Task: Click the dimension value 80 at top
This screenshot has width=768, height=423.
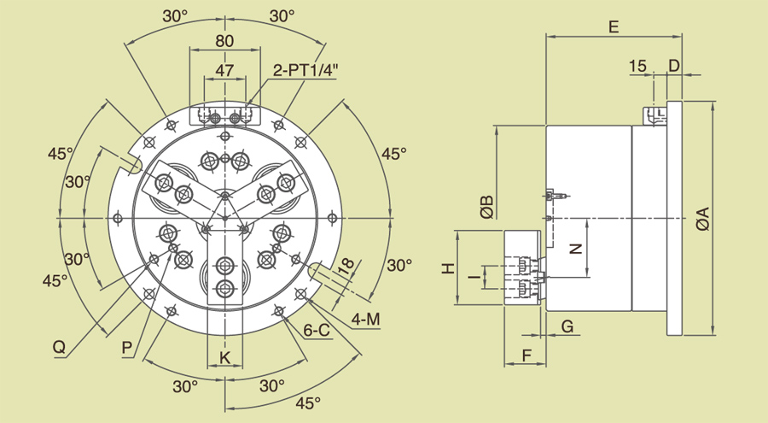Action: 224,40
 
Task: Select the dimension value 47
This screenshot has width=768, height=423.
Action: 224,71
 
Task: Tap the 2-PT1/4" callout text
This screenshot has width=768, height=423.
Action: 305,71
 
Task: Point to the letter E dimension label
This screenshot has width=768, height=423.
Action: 613,26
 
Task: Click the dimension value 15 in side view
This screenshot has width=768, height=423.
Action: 637,66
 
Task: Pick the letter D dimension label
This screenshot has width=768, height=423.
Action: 674,66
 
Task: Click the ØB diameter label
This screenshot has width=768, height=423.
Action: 486,207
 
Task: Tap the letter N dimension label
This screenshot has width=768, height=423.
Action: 576,249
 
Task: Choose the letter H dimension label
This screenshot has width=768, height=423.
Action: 447,268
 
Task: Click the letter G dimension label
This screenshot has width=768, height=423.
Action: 567,326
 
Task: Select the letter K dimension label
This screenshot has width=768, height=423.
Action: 225,356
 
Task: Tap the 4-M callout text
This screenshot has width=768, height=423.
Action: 365,320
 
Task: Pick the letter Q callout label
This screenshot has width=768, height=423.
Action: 59,347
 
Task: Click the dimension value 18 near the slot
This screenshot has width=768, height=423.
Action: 345,267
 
